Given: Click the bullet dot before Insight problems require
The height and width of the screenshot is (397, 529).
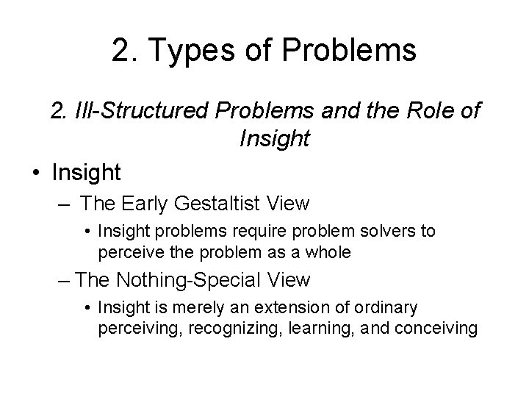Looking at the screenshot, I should [x=88, y=232].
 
